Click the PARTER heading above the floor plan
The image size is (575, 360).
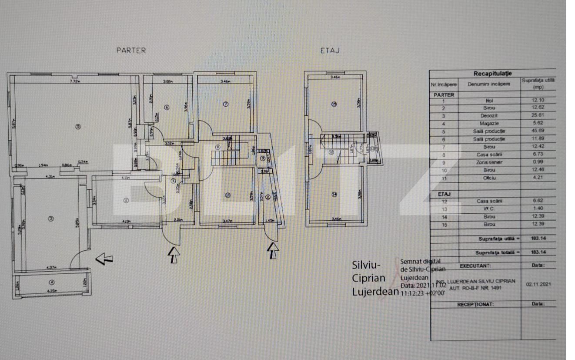[131, 50]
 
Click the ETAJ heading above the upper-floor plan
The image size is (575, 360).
[330, 50]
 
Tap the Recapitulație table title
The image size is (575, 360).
[492, 74]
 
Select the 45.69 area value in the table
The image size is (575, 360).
[538, 131]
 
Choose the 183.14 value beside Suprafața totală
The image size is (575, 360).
[538, 252]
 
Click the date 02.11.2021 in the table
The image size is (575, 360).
[538, 284]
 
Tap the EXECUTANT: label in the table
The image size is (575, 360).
[475, 266]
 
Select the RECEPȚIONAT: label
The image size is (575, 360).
[475, 304]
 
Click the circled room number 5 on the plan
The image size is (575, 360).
[77, 127]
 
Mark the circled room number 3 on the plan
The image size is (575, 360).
[50, 219]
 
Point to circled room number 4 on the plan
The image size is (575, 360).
[52, 283]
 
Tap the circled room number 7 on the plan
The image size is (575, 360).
[225, 104]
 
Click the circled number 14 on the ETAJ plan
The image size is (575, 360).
[334, 195]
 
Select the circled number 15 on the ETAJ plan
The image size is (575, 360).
[334, 104]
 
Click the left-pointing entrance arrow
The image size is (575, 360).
[104, 259]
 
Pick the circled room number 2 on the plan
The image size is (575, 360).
[126, 200]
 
